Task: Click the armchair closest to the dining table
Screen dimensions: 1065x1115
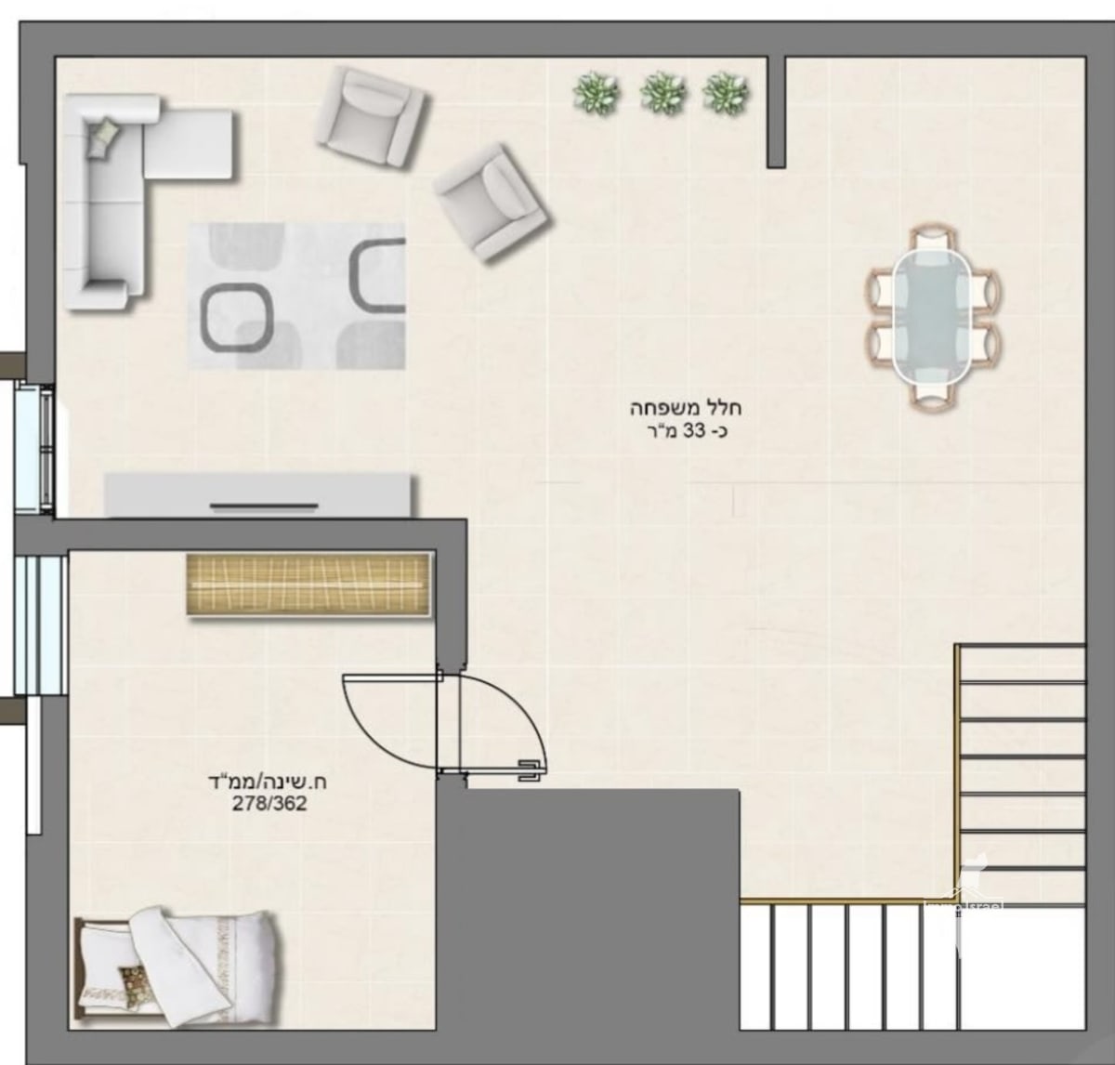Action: (x=490, y=204)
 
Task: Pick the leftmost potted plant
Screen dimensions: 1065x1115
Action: (x=595, y=94)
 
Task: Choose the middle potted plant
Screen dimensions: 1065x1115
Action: (x=662, y=94)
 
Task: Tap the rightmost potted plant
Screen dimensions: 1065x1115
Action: (x=726, y=94)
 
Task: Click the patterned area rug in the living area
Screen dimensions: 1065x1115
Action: (x=297, y=296)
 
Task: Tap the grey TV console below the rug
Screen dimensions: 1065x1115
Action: (x=260, y=495)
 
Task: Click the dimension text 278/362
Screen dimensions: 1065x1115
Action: (x=269, y=804)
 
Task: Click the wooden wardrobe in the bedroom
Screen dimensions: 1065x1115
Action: (x=309, y=584)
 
